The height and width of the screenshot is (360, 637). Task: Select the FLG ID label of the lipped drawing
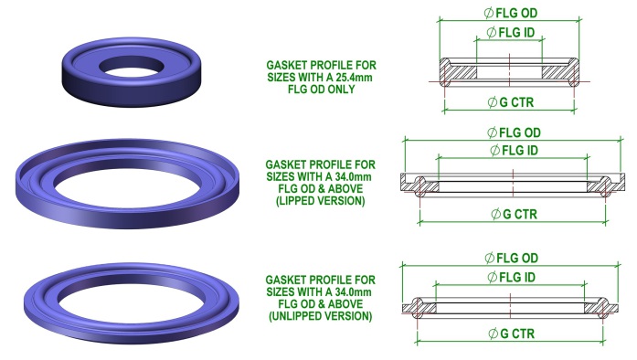pos(515,150)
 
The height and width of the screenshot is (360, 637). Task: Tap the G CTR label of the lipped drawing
pos(514,215)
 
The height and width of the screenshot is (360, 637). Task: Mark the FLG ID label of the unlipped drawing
pos(514,276)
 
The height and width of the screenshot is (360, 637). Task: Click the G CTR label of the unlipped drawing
pos(514,334)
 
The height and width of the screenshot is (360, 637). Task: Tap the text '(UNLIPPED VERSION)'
pos(319,315)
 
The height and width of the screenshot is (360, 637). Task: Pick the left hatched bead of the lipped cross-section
pos(420,185)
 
